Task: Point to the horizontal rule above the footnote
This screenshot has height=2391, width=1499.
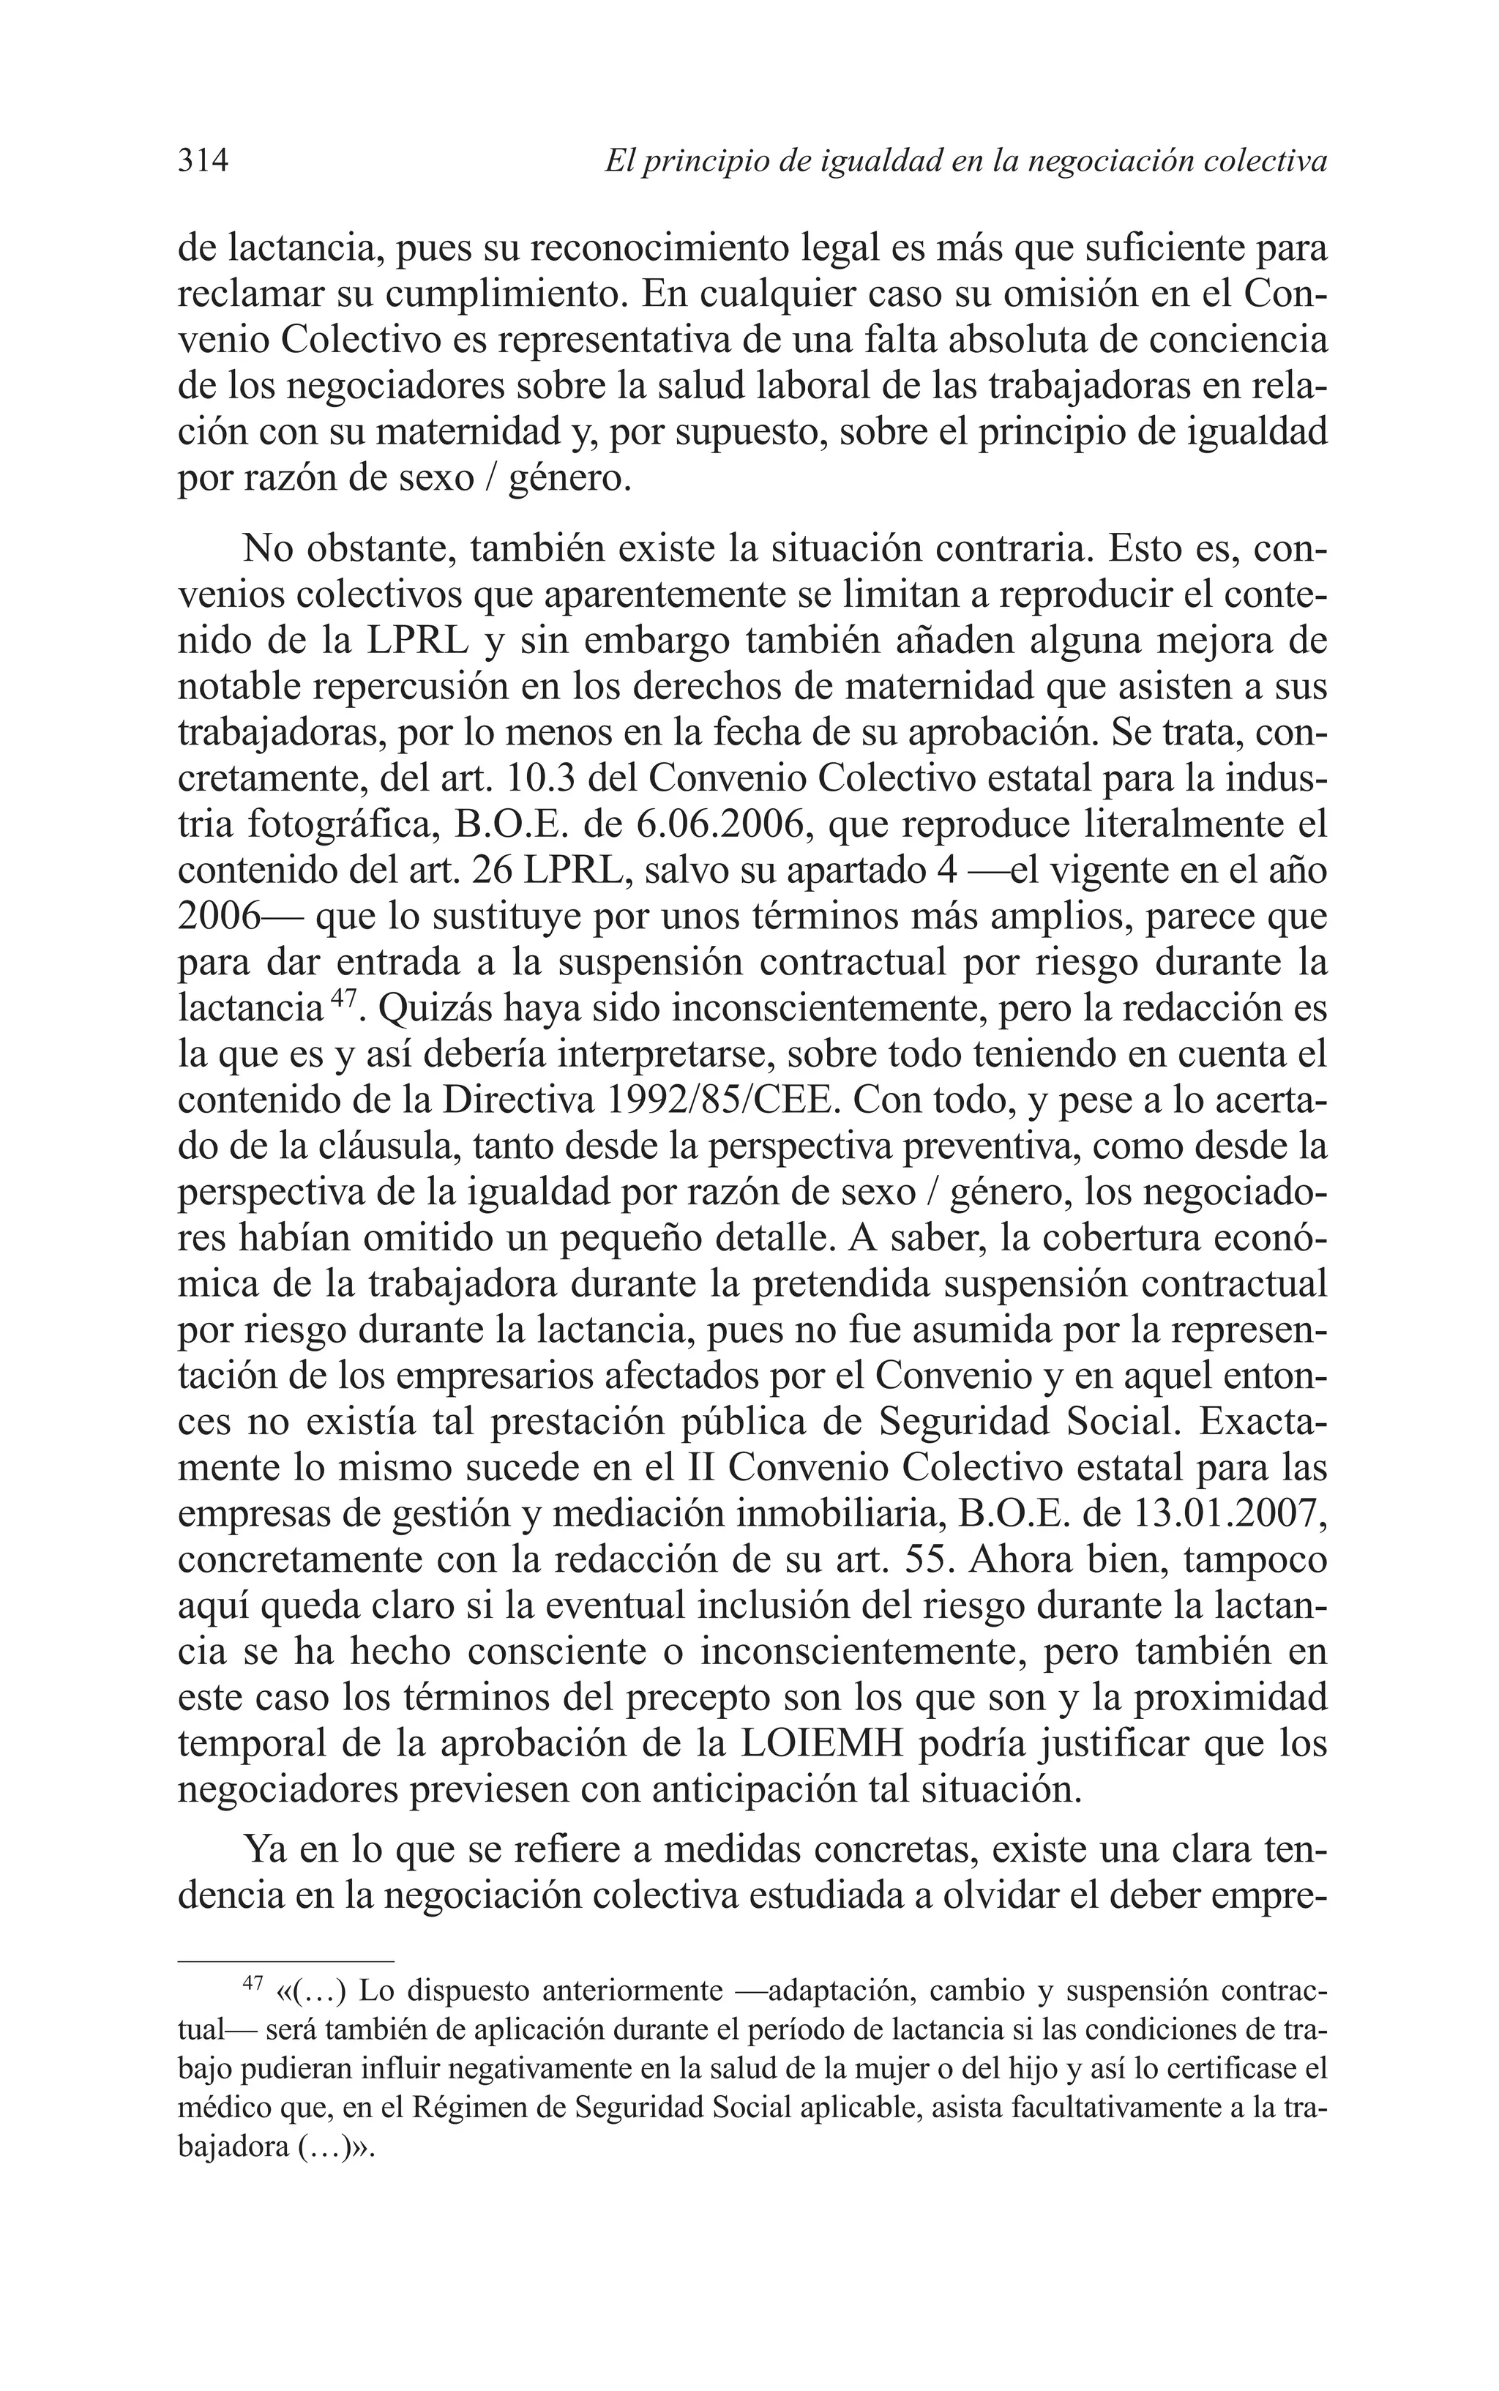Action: pyautogui.click(x=285, y=1960)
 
